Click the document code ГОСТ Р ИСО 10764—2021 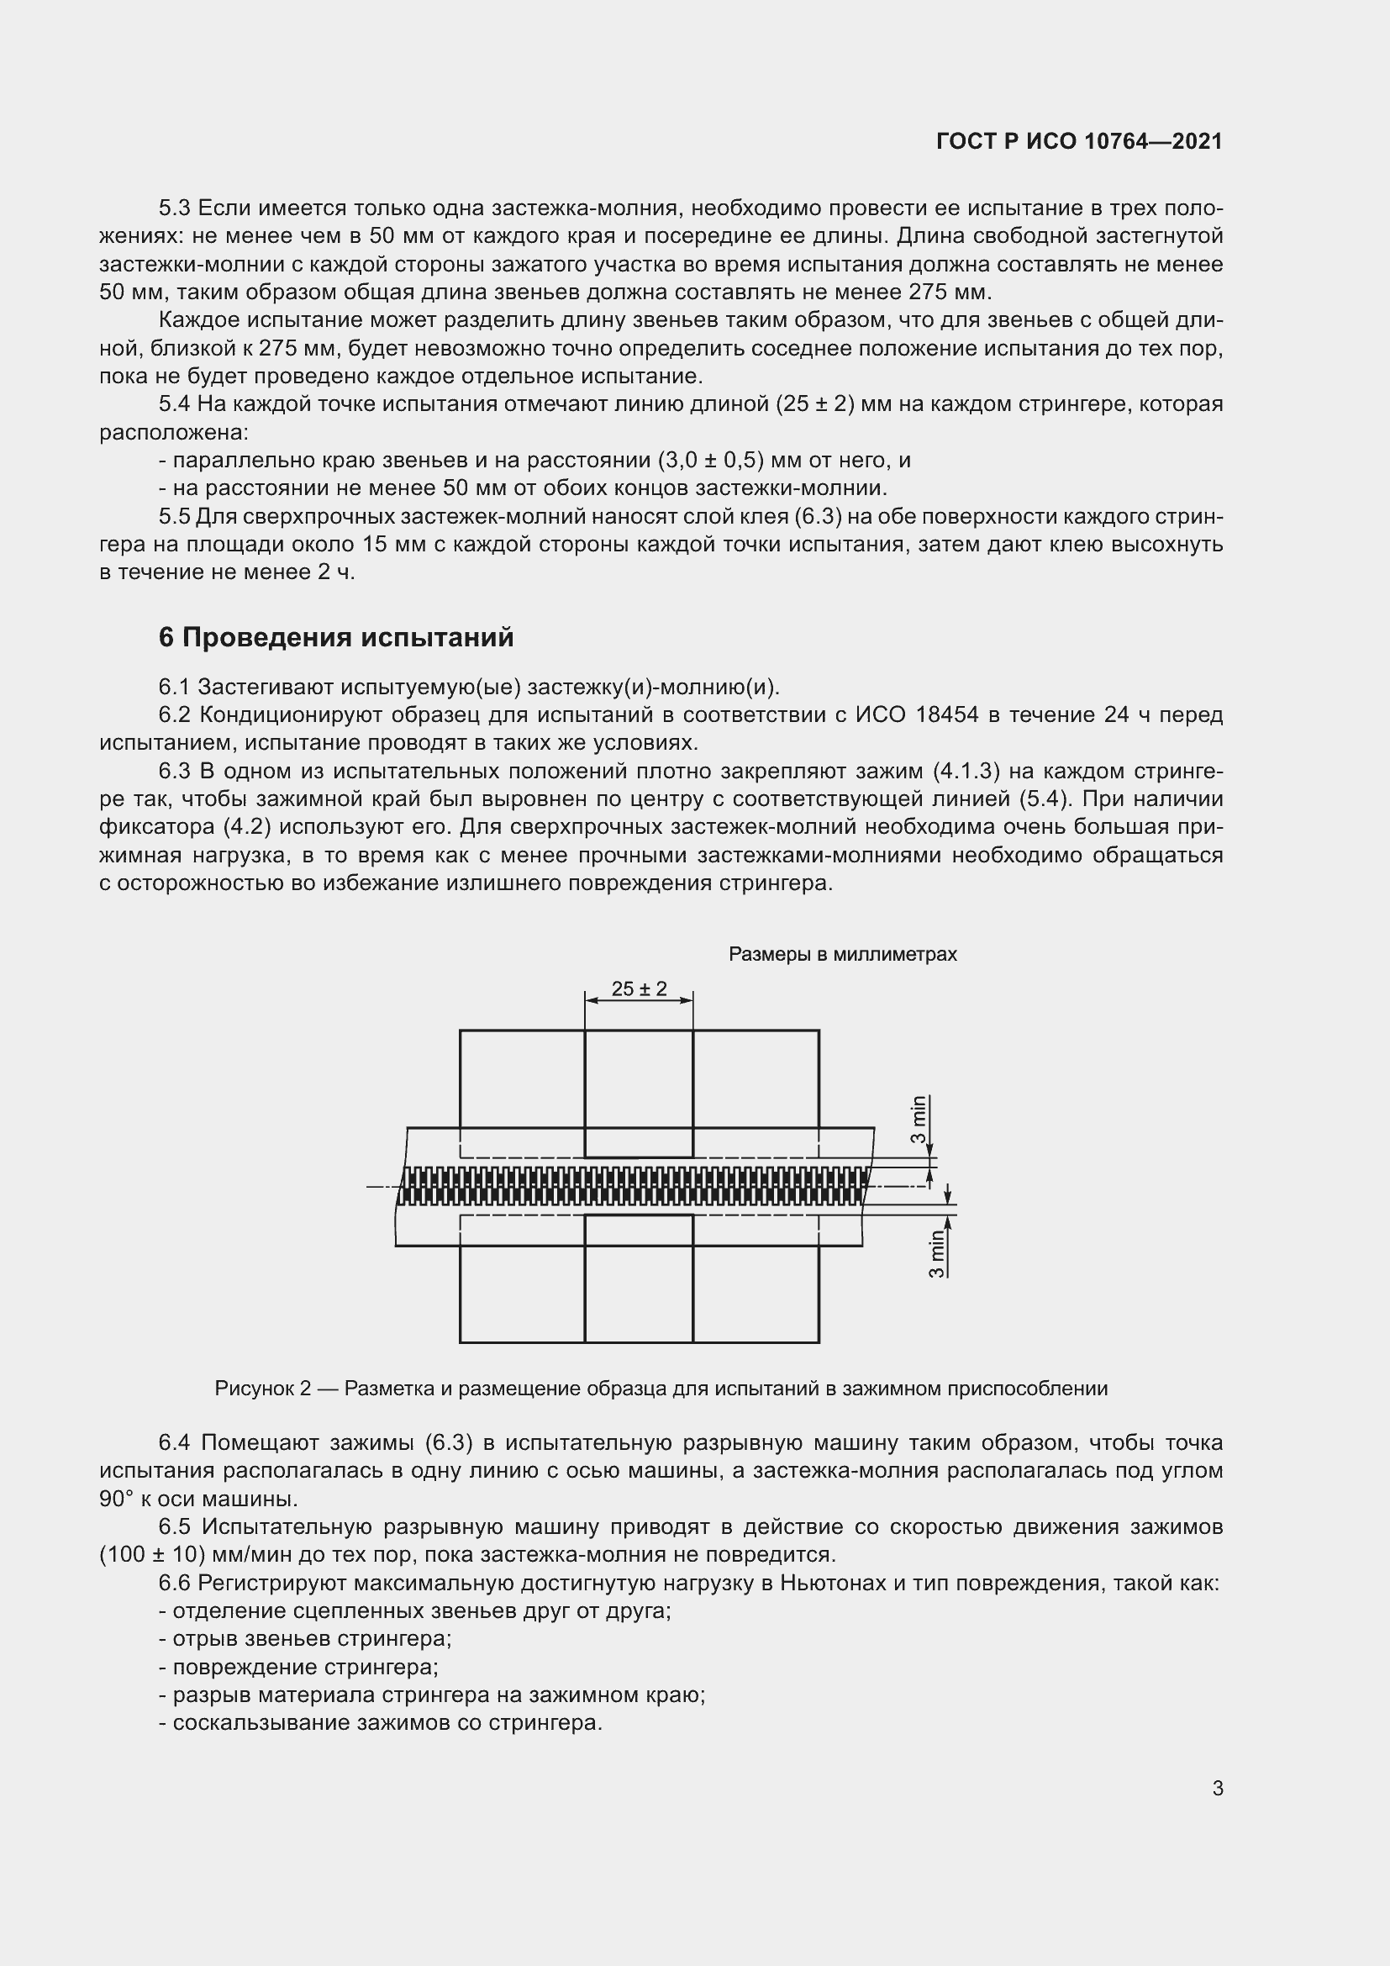pyautogui.click(x=1079, y=141)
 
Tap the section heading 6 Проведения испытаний pyautogui.click(x=336, y=637)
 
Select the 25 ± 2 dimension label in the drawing pyautogui.click(x=639, y=989)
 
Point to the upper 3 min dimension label pyautogui.click(x=919, y=1119)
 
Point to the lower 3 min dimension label pyautogui.click(x=937, y=1254)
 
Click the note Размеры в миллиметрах pyautogui.click(x=842, y=954)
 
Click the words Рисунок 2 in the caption pyautogui.click(x=263, y=1388)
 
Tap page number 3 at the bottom pyautogui.click(x=1217, y=1788)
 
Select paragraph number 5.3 pyautogui.click(x=175, y=208)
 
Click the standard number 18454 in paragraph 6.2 pyautogui.click(x=946, y=715)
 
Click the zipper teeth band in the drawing pyautogui.click(x=634, y=1186)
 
